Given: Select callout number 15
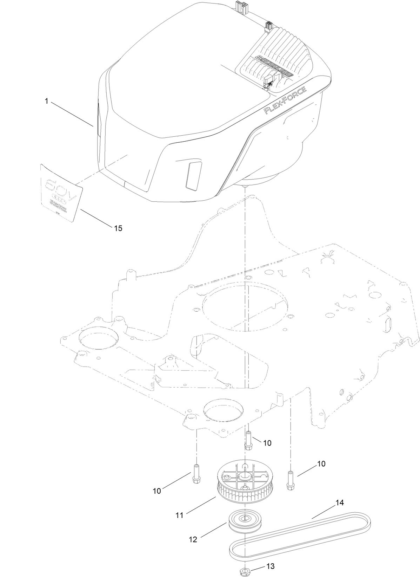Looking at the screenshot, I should pyautogui.click(x=118, y=228).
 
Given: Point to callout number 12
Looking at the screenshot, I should pyautogui.click(x=193, y=539).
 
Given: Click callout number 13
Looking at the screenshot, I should pyautogui.click(x=270, y=566).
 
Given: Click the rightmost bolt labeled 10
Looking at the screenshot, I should pyautogui.click(x=290, y=479).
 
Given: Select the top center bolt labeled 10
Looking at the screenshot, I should pyautogui.click(x=248, y=440).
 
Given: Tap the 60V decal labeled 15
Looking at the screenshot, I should pyautogui.click(x=62, y=192).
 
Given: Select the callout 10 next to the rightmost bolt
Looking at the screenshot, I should pyautogui.click(x=321, y=463).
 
